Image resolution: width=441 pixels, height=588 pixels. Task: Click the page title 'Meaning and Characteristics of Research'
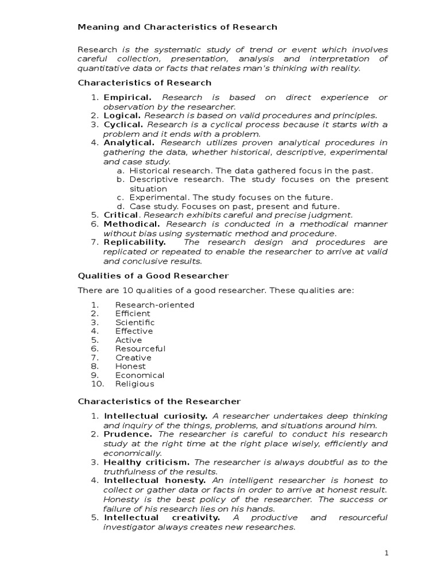177,27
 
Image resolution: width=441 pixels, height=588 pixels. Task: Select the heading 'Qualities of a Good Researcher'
153,276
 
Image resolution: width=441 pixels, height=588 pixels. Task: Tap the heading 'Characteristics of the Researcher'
159,401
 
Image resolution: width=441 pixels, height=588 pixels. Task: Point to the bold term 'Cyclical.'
123,125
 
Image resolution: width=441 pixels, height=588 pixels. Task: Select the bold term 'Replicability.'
135,242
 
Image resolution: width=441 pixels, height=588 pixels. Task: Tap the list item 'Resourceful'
140,349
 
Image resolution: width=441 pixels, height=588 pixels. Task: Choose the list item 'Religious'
134,384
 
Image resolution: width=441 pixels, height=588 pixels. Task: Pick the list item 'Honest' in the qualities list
130,366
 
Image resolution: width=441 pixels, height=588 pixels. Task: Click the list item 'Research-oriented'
154,304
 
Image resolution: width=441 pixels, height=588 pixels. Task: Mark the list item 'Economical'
140,375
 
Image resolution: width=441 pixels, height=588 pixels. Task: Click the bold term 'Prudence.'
127,434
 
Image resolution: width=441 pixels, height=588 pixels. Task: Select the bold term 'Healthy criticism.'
146,462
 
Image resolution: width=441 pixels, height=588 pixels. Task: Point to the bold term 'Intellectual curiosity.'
156,415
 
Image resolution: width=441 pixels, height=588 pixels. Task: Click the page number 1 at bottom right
386,553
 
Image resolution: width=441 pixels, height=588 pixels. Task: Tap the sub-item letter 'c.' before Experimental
120,197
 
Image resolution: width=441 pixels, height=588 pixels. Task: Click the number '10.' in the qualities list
96,384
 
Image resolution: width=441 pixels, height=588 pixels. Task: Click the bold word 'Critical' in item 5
121,215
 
